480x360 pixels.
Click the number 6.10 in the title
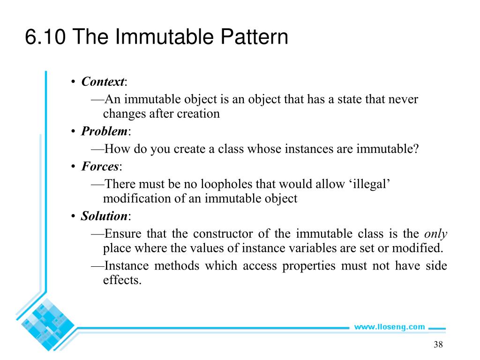(x=45, y=37)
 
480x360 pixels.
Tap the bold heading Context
(x=102, y=82)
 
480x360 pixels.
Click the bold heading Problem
(x=104, y=131)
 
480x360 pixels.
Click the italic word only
(x=435, y=234)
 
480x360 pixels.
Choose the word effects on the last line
(x=121, y=281)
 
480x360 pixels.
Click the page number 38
(x=438, y=345)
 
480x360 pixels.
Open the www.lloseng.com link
(x=389, y=327)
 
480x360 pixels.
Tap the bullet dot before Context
(x=74, y=82)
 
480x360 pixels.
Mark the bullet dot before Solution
(x=74, y=217)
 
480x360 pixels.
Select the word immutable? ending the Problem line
(x=387, y=149)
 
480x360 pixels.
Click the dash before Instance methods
(x=97, y=266)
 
